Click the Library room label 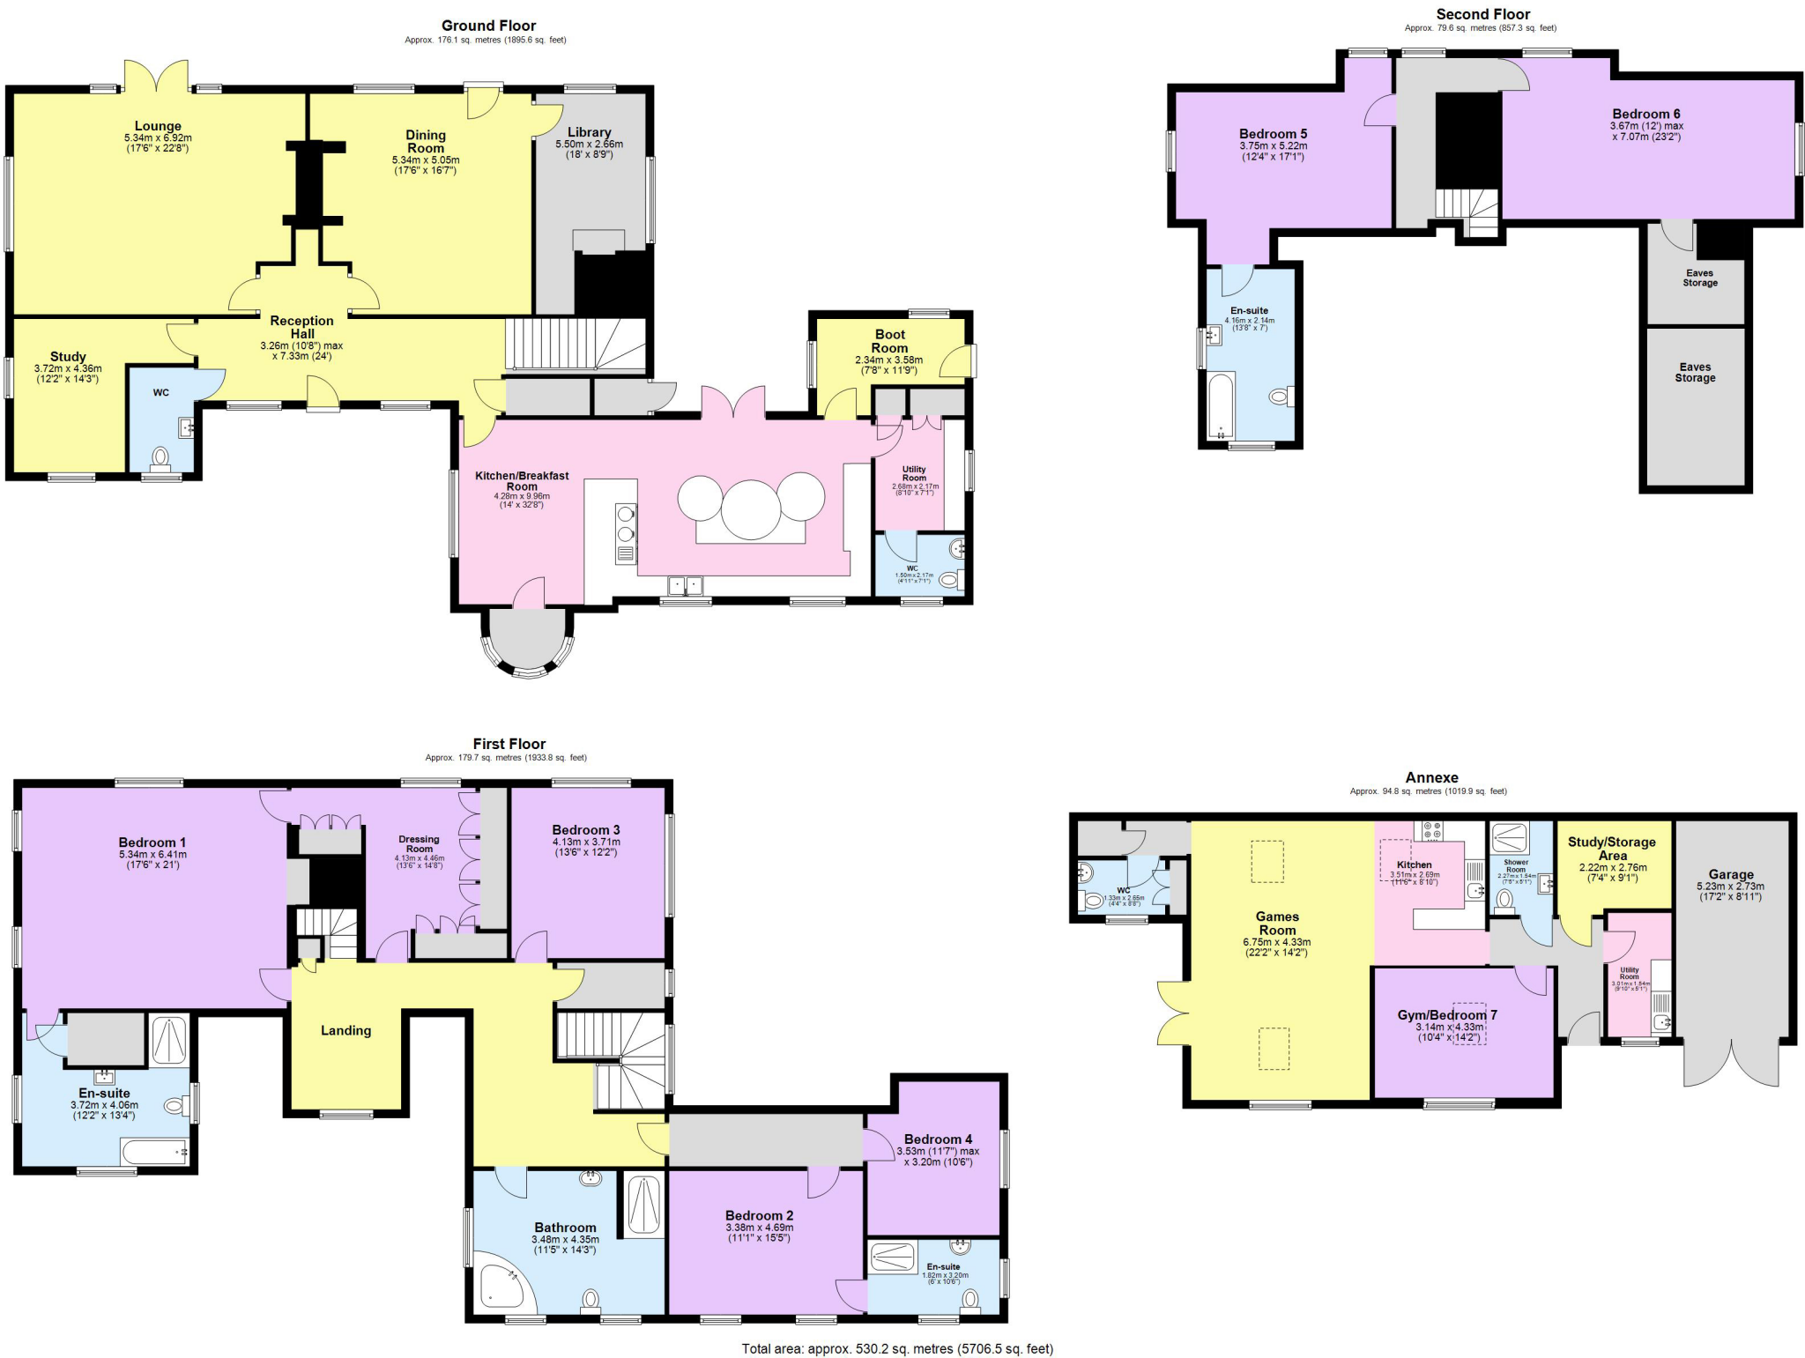pyautogui.click(x=589, y=132)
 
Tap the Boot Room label pyautogui.click(x=889, y=341)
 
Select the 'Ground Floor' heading pyautogui.click(x=488, y=26)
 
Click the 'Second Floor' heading pyautogui.click(x=1482, y=14)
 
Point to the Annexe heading pyautogui.click(x=1431, y=777)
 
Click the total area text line pyautogui.click(x=897, y=1348)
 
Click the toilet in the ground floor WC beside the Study pyautogui.click(x=160, y=457)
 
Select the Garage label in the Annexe pyautogui.click(x=1730, y=874)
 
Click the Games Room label pyautogui.click(x=1277, y=923)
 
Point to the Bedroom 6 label pyautogui.click(x=1645, y=114)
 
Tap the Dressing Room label pyautogui.click(x=419, y=843)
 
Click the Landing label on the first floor pyautogui.click(x=345, y=1030)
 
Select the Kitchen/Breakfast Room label pyautogui.click(x=522, y=480)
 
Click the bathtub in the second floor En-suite pyautogui.click(x=1221, y=405)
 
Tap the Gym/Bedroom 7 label pyautogui.click(x=1446, y=1014)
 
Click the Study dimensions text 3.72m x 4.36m pyautogui.click(x=68, y=368)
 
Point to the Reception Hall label pyautogui.click(x=301, y=327)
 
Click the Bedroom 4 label pyautogui.click(x=938, y=1139)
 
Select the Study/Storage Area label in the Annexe pyautogui.click(x=1611, y=848)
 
